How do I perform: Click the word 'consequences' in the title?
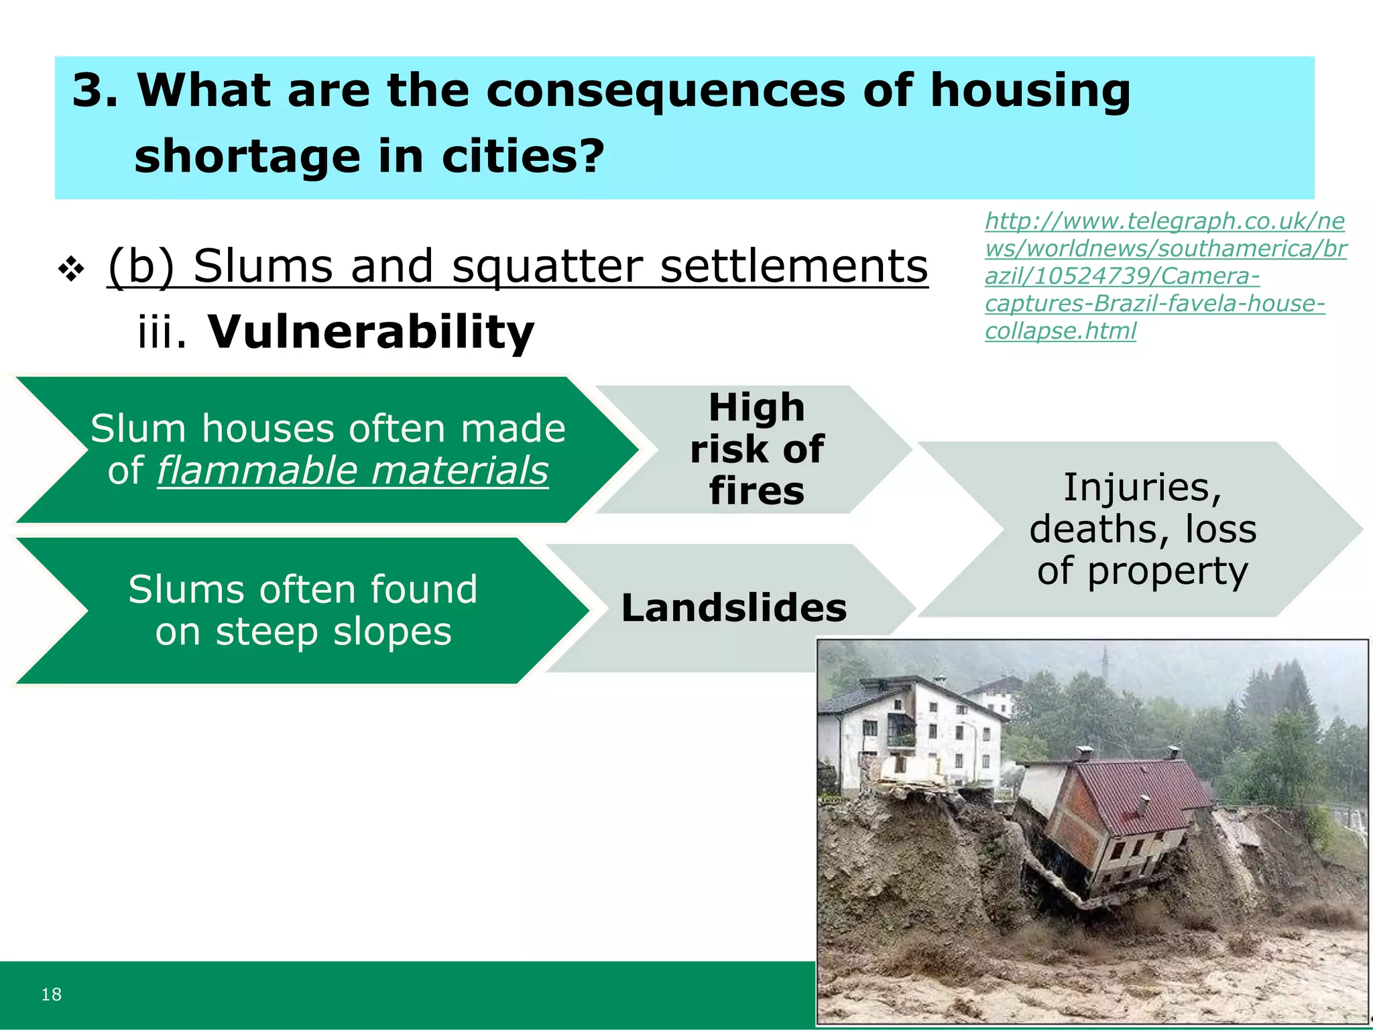pyautogui.click(x=665, y=91)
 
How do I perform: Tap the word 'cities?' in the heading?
pyautogui.click(x=523, y=156)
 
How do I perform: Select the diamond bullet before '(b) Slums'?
pyautogui.click(x=71, y=270)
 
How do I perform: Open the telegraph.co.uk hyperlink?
pyautogui.click(x=1165, y=276)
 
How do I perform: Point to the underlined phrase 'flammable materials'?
pyautogui.click(x=353, y=470)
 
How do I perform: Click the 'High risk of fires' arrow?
pyautogui.click(x=756, y=449)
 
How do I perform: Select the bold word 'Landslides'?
pyautogui.click(x=734, y=608)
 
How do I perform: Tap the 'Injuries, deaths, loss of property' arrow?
pyautogui.click(x=1142, y=529)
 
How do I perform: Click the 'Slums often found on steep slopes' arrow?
pyautogui.click(x=303, y=610)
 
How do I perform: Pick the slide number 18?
pyautogui.click(x=52, y=994)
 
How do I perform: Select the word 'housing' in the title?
pyautogui.click(x=1030, y=91)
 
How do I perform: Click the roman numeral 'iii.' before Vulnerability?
pyautogui.click(x=162, y=332)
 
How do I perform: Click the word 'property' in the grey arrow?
pyautogui.click(x=1168, y=571)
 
